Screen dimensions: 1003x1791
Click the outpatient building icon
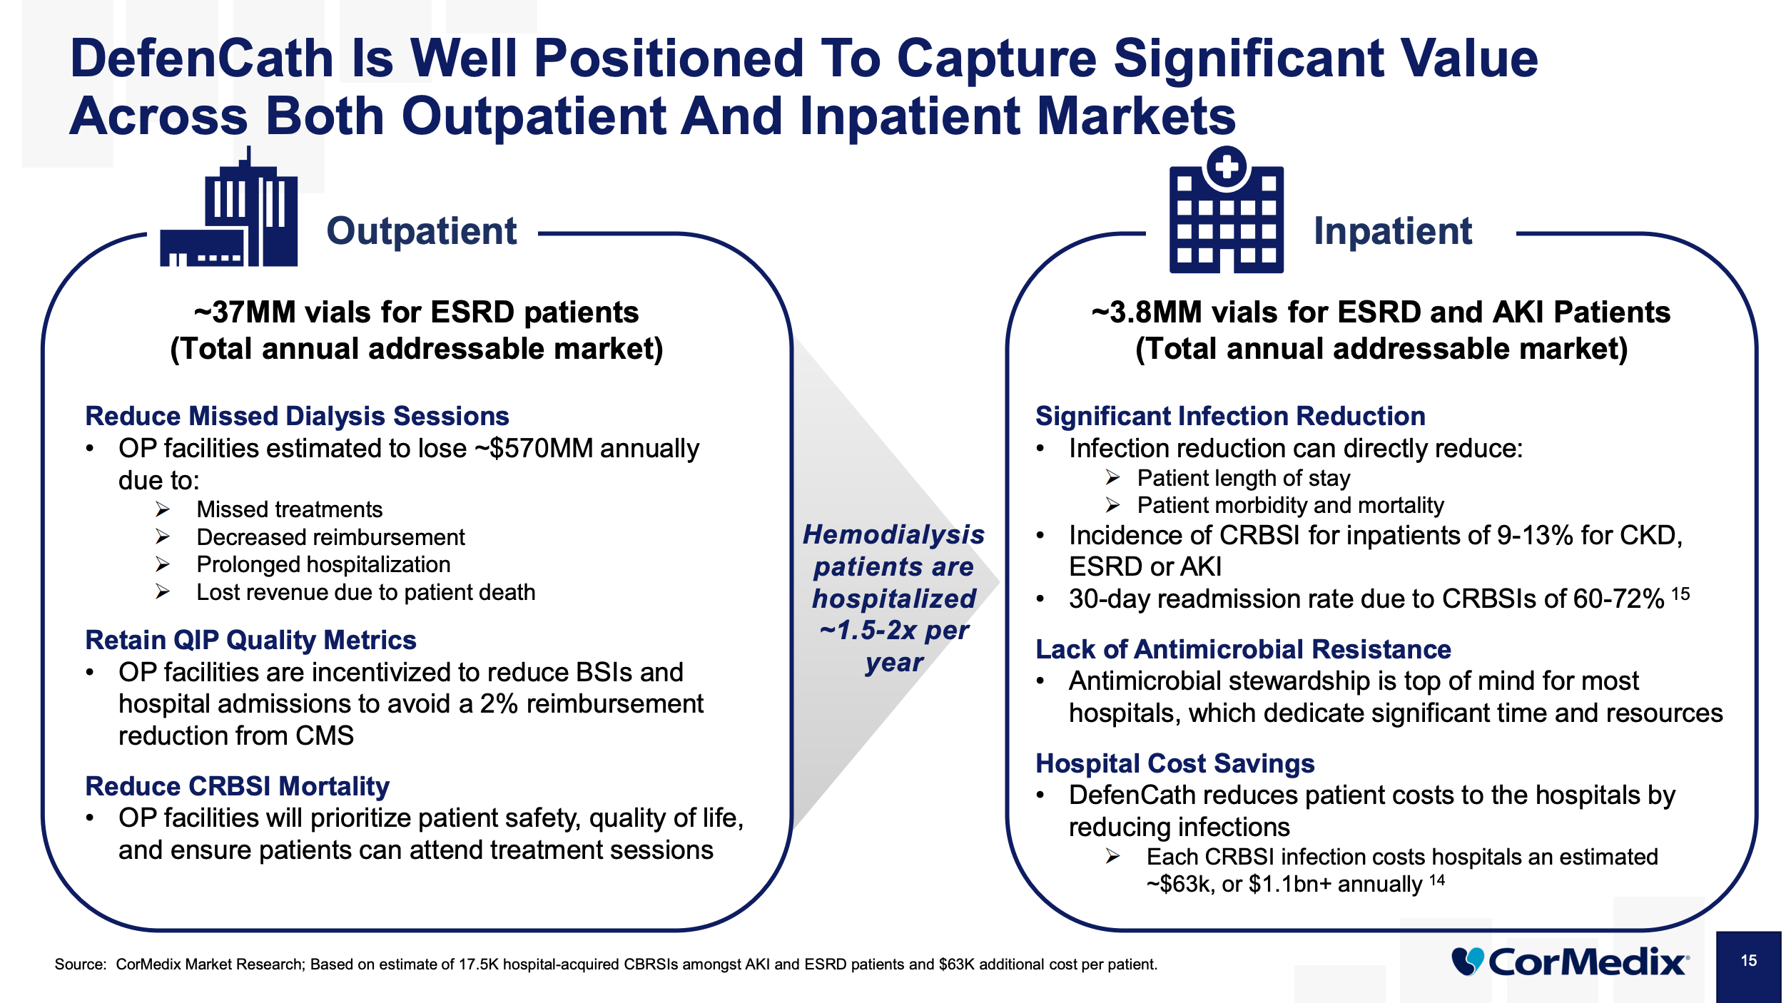[x=229, y=210]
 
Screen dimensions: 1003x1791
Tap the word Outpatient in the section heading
[x=421, y=231]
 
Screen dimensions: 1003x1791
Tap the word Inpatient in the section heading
[x=1393, y=231]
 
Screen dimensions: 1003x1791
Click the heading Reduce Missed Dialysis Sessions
[x=297, y=416]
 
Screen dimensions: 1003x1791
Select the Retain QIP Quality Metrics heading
[x=250, y=640]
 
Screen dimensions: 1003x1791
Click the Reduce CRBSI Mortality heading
[x=237, y=786]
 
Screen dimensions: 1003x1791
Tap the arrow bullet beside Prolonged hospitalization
[x=163, y=565]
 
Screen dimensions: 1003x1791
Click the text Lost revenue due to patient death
[x=365, y=592]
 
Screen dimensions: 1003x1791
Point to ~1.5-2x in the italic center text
[x=868, y=631]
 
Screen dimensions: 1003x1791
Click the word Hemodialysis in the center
[x=893, y=534]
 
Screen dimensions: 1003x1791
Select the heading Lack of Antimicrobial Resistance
[x=1243, y=649]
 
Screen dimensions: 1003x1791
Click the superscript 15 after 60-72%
[x=1680, y=594]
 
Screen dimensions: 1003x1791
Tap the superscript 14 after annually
[x=1437, y=880]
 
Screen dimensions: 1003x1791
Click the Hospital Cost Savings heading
[x=1174, y=763]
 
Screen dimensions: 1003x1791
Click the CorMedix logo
[x=1570, y=962]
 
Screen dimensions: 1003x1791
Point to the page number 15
[x=1748, y=961]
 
